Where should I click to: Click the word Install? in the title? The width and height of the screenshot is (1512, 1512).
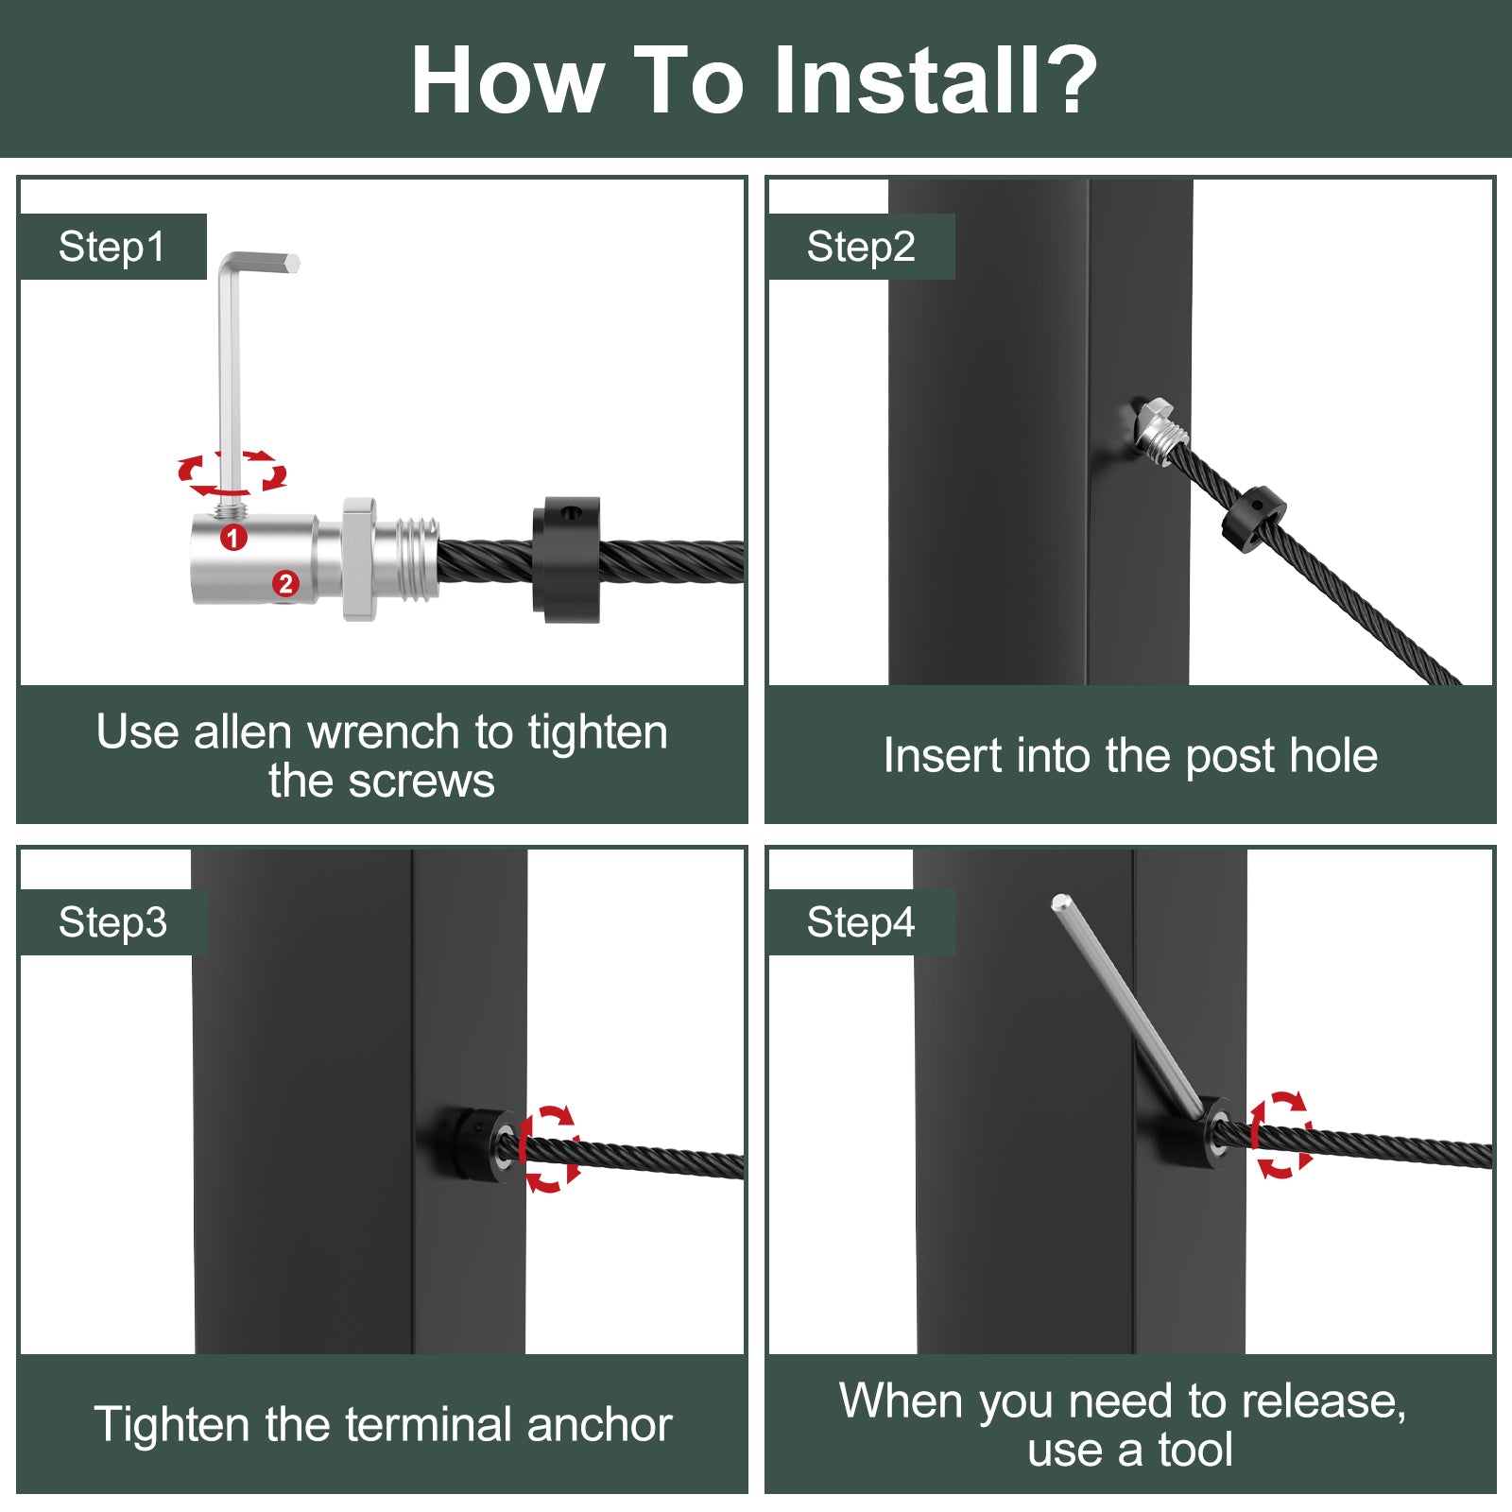click(936, 80)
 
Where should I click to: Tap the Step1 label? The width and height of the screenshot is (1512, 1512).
click(112, 247)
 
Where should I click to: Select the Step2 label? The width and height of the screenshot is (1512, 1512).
click(861, 247)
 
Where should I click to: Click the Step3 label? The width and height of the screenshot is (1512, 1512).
click(112, 922)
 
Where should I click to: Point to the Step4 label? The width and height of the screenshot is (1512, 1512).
click(861, 922)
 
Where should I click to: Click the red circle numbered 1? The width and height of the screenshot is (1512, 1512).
click(233, 538)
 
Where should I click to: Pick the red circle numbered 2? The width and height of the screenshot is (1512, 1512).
click(285, 584)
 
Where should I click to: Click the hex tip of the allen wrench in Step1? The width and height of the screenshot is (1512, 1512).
click(292, 263)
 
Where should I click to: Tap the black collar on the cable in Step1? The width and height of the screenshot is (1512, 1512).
click(566, 559)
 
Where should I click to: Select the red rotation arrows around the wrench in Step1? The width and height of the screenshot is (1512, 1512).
click(232, 472)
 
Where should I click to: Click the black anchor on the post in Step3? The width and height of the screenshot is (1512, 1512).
click(475, 1146)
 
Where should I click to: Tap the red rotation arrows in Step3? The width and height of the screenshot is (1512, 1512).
click(549, 1148)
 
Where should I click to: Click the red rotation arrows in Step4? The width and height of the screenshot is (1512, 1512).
click(1281, 1134)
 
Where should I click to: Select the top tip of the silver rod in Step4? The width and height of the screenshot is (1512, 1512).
click(1060, 902)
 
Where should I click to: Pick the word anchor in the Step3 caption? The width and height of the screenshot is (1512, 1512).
click(600, 1424)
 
